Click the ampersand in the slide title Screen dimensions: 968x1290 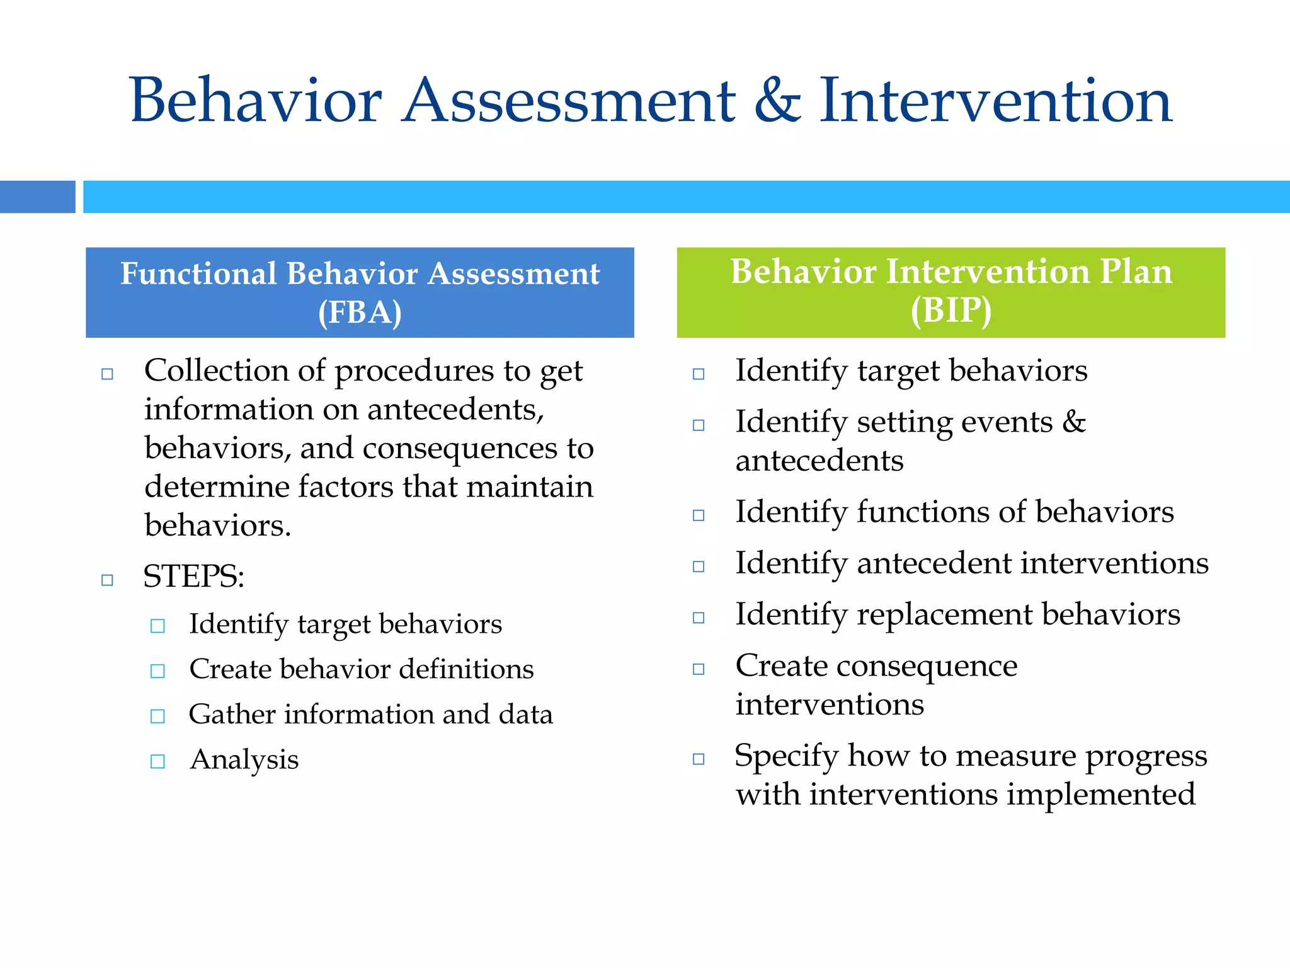pyautogui.click(x=778, y=101)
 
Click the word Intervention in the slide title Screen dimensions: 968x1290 pyautogui.click(x=995, y=101)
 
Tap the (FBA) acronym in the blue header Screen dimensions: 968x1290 pyautogui.click(x=360, y=312)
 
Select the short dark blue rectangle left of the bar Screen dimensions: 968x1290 pyautogui.click(x=37, y=197)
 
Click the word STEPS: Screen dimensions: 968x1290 pyautogui.click(x=193, y=576)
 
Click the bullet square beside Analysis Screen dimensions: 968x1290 pyautogui.click(x=157, y=761)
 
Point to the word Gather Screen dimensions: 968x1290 pyautogui.click(x=232, y=715)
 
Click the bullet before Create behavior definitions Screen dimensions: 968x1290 pyautogui.click(x=157, y=671)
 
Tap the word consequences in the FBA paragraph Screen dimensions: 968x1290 pyautogui.click(x=460, y=449)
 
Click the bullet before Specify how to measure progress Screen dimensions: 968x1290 pyautogui.click(x=698, y=759)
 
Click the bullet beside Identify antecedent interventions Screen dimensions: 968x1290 pyautogui.click(x=698, y=567)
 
